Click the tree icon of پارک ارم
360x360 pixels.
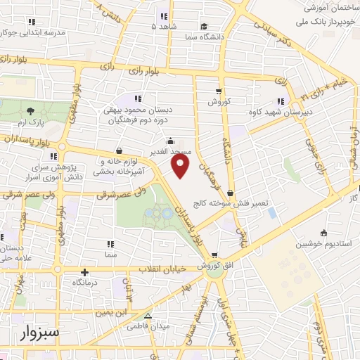[x=30, y=110]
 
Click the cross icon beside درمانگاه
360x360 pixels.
[x=85, y=272]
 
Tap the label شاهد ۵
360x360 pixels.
[x=163, y=27]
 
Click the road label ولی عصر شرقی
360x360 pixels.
[x=120, y=191]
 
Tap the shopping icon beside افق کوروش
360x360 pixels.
[x=214, y=256]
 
